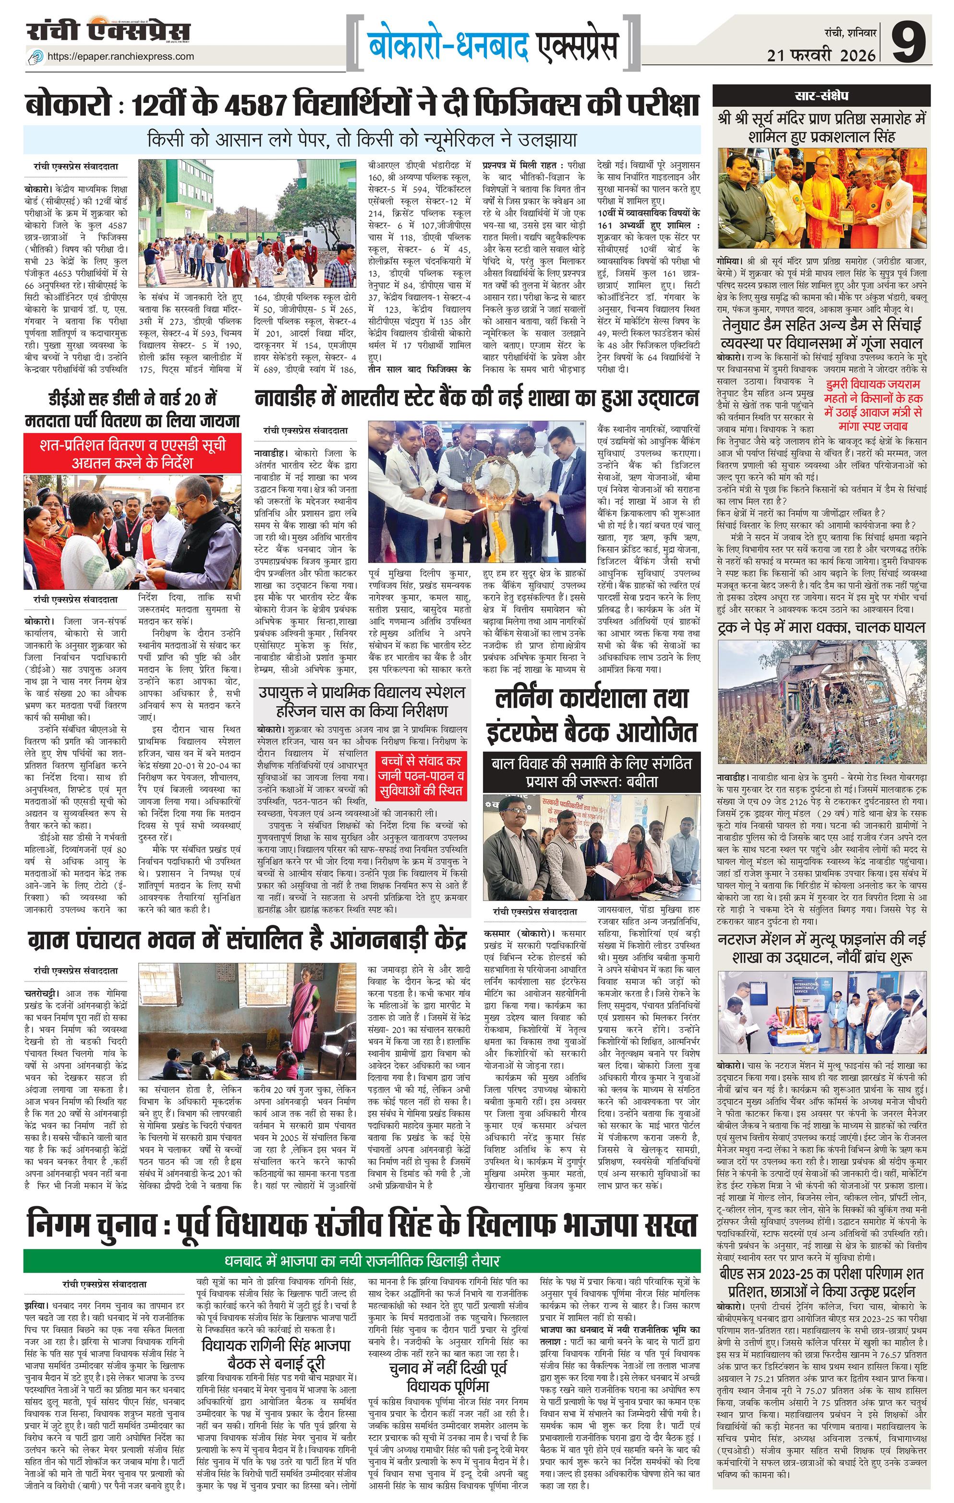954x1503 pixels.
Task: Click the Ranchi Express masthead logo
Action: (108, 31)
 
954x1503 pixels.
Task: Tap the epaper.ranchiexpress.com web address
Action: (121, 56)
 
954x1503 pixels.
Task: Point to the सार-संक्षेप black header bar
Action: (821, 96)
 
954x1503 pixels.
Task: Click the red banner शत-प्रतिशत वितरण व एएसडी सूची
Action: (133, 454)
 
